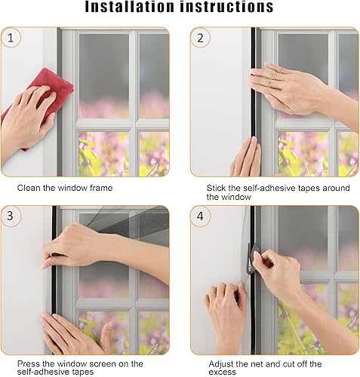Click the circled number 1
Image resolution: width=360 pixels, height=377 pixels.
coord(11,38)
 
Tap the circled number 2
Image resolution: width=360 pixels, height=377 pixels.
coord(200,38)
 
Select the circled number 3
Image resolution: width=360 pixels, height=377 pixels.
coord(11,216)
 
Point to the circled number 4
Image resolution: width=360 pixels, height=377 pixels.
coord(200,216)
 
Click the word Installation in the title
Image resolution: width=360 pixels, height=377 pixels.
coord(129,7)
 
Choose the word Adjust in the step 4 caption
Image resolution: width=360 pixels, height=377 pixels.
coord(220,364)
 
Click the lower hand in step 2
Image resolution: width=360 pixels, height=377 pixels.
coord(246,157)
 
